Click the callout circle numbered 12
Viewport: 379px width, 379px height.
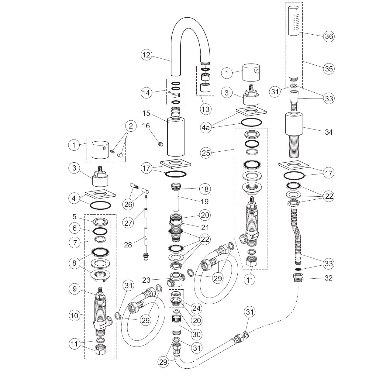click(x=146, y=55)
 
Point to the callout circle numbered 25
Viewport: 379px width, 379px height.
click(x=206, y=153)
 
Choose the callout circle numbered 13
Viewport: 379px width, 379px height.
click(x=206, y=109)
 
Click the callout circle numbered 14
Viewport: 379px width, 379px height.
click(x=146, y=92)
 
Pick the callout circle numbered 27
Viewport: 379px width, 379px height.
click(x=129, y=223)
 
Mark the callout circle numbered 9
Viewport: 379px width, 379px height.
click(x=74, y=289)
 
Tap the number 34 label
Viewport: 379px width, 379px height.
click(x=329, y=132)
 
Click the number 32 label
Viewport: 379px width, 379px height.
click(x=329, y=278)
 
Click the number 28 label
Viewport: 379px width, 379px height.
click(x=128, y=244)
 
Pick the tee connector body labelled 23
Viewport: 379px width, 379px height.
click(x=176, y=279)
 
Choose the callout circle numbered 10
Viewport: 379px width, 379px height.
click(x=74, y=316)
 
